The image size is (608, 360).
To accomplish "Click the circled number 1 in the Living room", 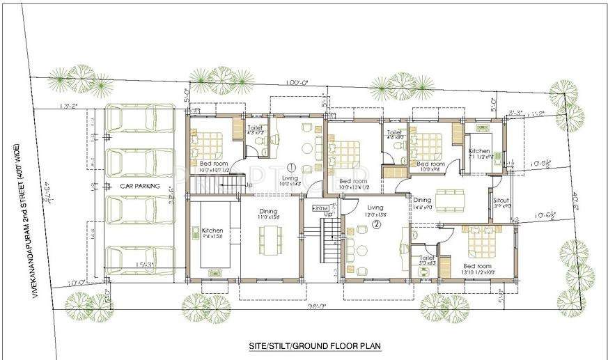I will (x=290, y=167).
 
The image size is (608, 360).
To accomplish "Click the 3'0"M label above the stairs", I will (x=320, y=208).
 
